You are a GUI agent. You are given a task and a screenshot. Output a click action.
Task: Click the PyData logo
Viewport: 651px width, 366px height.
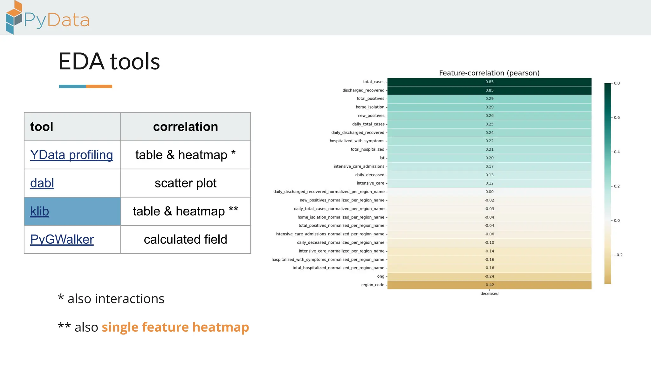point(48,18)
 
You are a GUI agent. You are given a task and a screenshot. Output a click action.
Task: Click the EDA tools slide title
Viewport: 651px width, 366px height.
point(109,61)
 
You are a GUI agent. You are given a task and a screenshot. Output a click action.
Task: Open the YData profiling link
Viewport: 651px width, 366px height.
point(72,155)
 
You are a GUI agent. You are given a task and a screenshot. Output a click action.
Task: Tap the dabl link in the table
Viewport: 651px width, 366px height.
point(42,183)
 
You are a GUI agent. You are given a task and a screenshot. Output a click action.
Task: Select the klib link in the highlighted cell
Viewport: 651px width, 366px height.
point(40,212)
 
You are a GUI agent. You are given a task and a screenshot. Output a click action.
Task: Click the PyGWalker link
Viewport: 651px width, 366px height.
point(62,240)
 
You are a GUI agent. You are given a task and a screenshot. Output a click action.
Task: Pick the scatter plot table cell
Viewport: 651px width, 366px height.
point(185,183)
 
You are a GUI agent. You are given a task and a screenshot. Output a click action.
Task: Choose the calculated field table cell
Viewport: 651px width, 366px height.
point(185,240)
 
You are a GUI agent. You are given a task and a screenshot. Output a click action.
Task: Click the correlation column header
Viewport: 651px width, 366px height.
point(185,127)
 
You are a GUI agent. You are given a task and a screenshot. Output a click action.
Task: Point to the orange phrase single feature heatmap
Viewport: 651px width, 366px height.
point(175,327)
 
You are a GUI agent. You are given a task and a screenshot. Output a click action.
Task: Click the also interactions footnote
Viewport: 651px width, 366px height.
point(111,299)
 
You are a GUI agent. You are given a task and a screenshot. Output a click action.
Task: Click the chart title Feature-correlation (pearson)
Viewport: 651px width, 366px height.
point(489,73)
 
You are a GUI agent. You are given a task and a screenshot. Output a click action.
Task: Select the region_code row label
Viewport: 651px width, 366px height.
point(373,285)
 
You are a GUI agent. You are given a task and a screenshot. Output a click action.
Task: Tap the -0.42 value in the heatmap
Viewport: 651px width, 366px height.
point(489,285)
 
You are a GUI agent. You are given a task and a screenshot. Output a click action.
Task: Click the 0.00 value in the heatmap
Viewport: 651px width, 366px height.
point(489,192)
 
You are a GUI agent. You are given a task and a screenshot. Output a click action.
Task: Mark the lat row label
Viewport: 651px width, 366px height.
point(382,158)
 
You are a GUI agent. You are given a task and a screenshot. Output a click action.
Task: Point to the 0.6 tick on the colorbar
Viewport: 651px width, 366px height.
point(617,118)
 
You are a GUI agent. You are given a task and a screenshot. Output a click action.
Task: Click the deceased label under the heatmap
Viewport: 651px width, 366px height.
point(489,294)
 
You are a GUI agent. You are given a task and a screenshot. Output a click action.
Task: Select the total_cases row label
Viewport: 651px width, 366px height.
point(373,82)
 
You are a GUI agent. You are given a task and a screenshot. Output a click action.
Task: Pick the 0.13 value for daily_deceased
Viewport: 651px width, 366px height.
point(489,175)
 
